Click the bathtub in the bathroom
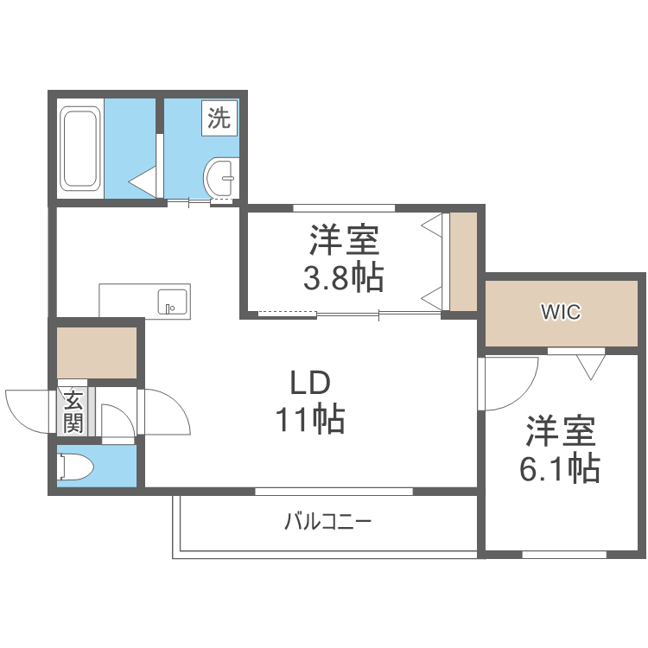[x=80, y=148]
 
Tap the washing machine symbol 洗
[x=219, y=118]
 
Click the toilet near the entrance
[x=75, y=467]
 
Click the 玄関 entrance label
[x=73, y=411]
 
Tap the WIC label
[x=561, y=312]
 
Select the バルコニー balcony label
[x=327, y=522]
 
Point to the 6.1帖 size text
[x=559, y=467]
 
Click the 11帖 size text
[x=310, y=420]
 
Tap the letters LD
[x=310, y=382]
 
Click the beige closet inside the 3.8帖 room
[x=464, y=260]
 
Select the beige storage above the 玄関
[x=97, y=352]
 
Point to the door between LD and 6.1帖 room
[x=510, y=384]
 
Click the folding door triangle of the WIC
[x=591, y=366]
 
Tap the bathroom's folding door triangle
[x=143, y=180]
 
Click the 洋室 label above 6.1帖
[x=560, y=429]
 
